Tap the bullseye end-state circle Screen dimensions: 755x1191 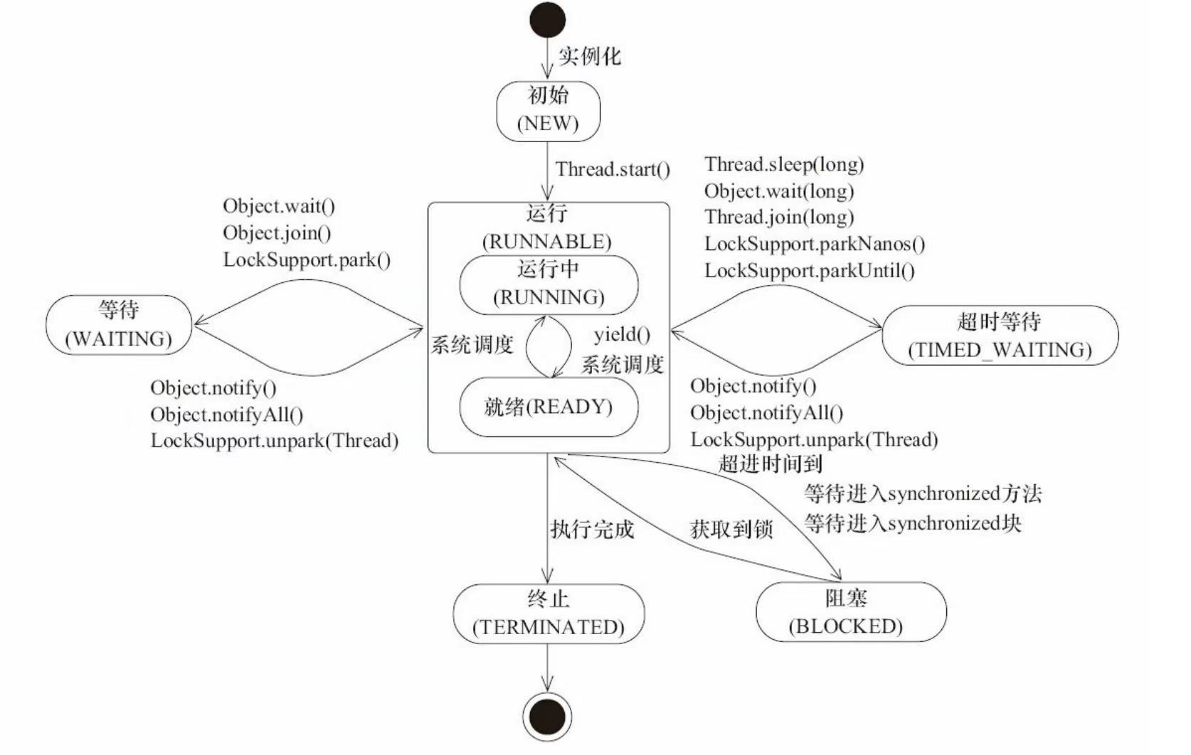pyautogui.click(x=547, y=717)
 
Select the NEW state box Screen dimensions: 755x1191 pyautogui.click(x=548, y=111)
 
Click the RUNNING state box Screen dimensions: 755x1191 pyautogui.click(x=549, y=284)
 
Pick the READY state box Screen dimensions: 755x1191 pyautogui.click(x=549, y=407)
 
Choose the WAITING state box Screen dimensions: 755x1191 pyautogui.click(x=119, y=325)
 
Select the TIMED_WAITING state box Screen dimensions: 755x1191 pyautogui.click(x=1000, y=336)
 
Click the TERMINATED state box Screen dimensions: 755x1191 pyautogui.click(x=549, y=614)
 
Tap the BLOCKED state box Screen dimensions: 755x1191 pyautogui.click(x=851, y=612)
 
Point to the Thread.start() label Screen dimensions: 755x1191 pyautogui.click(x=613, y=169)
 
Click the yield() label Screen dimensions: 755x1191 pyautogui.click(x=622, y=334)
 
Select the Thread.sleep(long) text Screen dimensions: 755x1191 pyautogui.click(x=784, y=164)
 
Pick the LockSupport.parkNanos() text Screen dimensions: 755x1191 pyautogui.click(x=815, y=244)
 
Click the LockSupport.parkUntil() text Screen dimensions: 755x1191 pyautogui.click(x=810, y=270)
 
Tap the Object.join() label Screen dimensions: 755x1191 pyautogui.click(x=277, y=232)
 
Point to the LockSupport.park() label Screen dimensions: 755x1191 pyautogui.click(x=307, y=259)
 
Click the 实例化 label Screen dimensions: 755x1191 pyautogui.click(x=589, y=56)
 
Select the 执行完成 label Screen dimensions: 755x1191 pyautogui.click(x=592, y=530)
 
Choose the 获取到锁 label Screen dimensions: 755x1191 pyautogui.click(x=731, y=530)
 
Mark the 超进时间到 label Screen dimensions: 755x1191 pyautogui.click(x=771, y=464)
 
